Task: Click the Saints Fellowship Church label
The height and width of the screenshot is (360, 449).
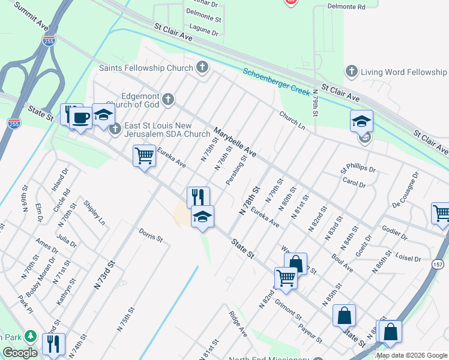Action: (146, 68)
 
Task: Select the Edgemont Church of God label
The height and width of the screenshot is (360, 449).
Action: (141, 98)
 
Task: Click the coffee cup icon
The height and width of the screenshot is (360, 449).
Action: (80, 117)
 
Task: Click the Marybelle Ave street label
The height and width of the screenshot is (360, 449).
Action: (235, 142)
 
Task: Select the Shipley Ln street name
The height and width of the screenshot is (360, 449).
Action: (94, 213)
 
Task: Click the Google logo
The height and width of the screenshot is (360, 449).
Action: (20, 353)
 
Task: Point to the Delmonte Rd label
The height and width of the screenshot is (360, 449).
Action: (346, 7)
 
